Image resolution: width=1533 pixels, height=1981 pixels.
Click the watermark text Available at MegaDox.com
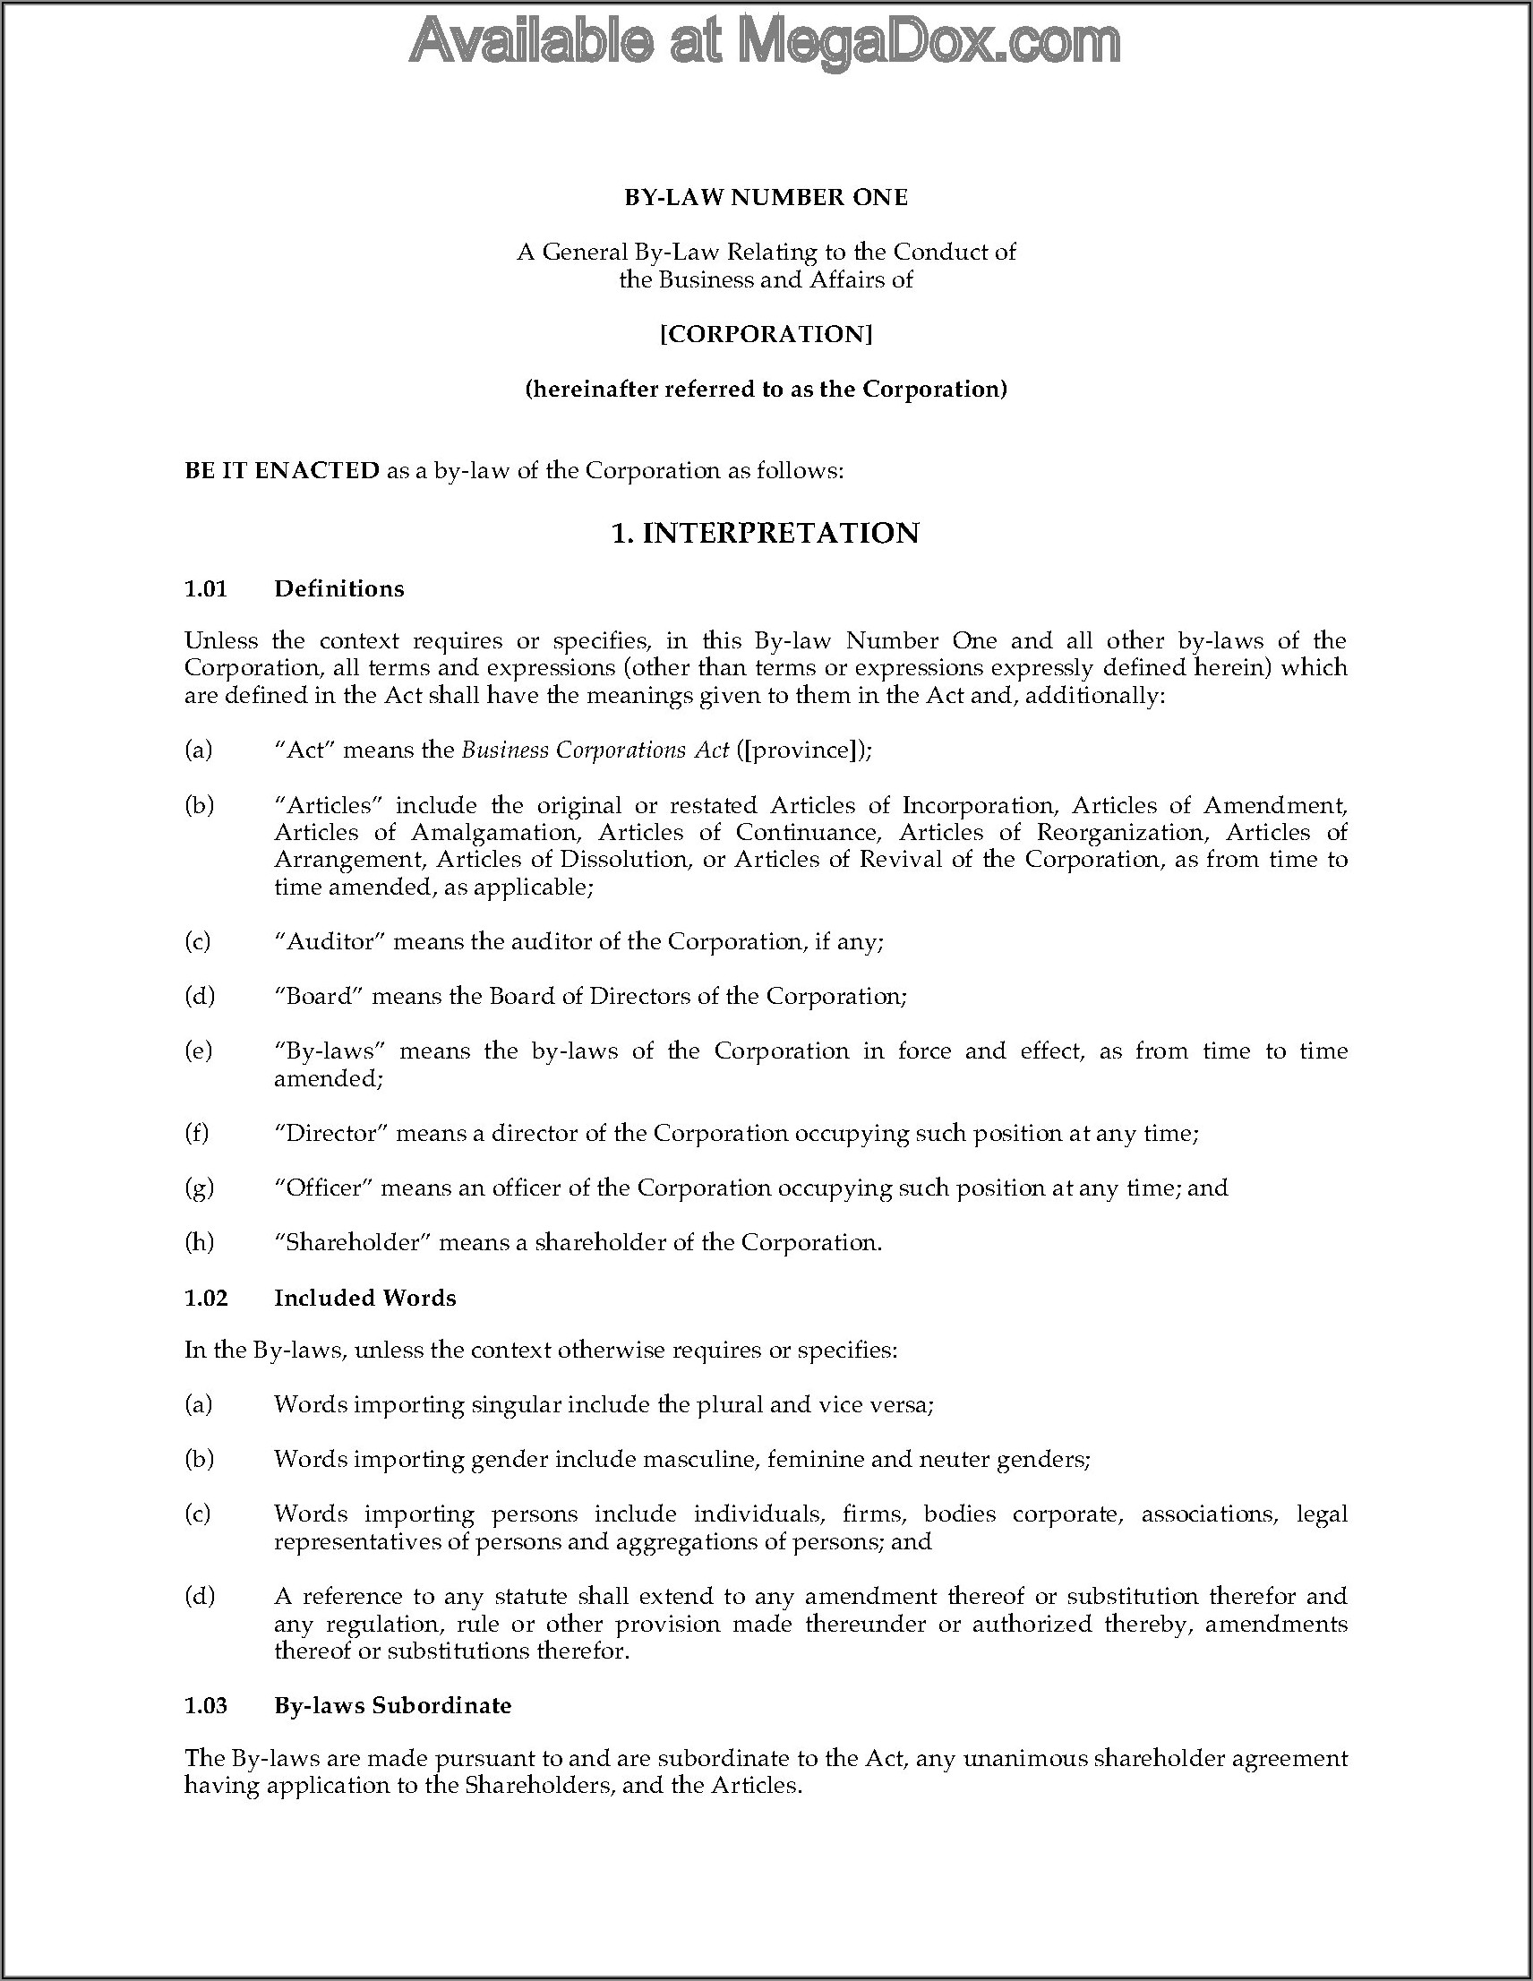click(x=765, y=42)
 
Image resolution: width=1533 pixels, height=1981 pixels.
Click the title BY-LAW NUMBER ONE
click(x=766, y=198)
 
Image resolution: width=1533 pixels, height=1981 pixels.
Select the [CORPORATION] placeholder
click(x=766, y=335)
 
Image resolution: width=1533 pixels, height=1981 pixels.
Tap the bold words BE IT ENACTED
click(x=281, y=471)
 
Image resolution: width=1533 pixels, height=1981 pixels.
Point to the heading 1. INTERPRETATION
click(x=766, y=534)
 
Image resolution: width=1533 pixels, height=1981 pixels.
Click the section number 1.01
click(x=206, y=588)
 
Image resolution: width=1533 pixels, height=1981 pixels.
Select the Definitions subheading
click(x=339, y=588)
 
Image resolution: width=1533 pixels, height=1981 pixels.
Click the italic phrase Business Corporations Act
click(x=595, y=750)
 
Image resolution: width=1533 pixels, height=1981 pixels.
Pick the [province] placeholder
click(x=800, y=750)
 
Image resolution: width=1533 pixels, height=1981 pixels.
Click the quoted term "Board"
click(x=319, y=996)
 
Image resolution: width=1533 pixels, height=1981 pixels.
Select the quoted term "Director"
click(x=331, y=1133)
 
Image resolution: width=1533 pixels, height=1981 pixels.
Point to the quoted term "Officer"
click(x=324, y=1188)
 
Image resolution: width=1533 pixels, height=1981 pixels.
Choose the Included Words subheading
click(x=364, y=1298)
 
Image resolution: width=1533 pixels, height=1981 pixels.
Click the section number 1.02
click(x=206, y=1298)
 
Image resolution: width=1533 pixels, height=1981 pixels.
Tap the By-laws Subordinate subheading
click(x=393, y=1705)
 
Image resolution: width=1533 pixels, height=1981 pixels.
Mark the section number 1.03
click(x=206, y=1705)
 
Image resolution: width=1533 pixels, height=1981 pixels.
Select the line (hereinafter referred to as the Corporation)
click(x=766, y=389)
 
